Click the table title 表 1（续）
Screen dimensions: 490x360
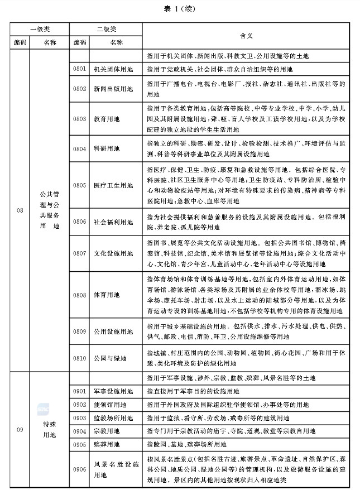coord(180,9)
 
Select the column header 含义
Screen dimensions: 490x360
coord(246,35)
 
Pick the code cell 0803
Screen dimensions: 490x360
coord(79,119)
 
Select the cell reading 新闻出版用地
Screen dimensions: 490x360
coord(113,88)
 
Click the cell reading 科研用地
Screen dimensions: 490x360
coord(106,149)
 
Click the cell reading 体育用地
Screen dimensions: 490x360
coord(106,294)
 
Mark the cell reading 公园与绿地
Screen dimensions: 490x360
coord(109,358)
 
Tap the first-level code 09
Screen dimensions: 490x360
coord(20,429)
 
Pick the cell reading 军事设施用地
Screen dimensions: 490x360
coord(113,391)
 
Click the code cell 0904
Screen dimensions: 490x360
coord(79,431)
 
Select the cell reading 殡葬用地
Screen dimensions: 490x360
coord(106,445)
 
